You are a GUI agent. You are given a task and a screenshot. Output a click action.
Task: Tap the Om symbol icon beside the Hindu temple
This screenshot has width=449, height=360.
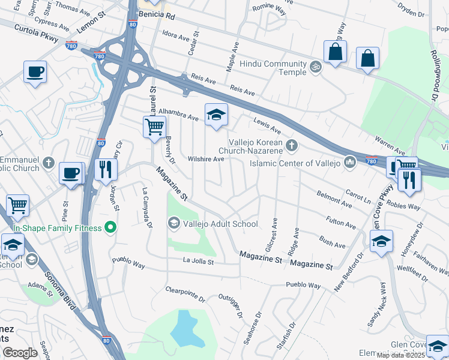316,65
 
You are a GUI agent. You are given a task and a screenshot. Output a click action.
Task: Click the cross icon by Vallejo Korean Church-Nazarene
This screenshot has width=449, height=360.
291,145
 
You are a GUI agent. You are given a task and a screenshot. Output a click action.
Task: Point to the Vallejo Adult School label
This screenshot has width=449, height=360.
220,224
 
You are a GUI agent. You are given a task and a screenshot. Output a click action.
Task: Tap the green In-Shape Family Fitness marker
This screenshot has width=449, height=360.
110,227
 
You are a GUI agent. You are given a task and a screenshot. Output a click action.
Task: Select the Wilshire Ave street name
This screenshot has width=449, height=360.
206,160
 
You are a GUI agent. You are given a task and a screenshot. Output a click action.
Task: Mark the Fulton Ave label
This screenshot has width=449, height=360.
340,223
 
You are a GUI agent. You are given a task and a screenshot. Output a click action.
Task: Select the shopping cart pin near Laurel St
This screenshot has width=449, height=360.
154,127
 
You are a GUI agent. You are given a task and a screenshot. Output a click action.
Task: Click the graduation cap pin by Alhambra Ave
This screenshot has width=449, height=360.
216,115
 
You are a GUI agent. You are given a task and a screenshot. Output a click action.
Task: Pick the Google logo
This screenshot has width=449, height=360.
20,353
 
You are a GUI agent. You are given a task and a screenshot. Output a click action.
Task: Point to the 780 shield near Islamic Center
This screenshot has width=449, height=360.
371,160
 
